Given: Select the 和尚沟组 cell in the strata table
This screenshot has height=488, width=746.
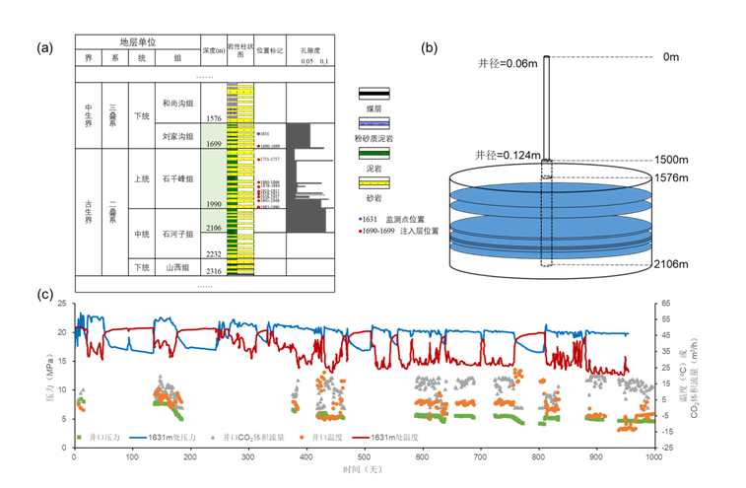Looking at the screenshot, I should [177, 102].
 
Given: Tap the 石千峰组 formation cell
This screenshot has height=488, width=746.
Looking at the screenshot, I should [177, 178].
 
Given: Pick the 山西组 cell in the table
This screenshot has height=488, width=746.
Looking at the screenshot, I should [177, 268].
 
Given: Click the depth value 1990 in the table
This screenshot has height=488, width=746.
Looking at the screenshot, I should [213, 203].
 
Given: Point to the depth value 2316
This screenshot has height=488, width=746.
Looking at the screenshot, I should [213, 271].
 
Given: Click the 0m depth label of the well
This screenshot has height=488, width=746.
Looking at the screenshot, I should [671, 57].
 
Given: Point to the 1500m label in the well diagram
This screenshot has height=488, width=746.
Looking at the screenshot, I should [670, 160].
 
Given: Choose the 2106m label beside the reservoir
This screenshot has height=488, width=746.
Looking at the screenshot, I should [670, 263].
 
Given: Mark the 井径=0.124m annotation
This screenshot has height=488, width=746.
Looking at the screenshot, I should [508, 155].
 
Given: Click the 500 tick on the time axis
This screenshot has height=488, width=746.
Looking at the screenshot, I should [365, 457].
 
